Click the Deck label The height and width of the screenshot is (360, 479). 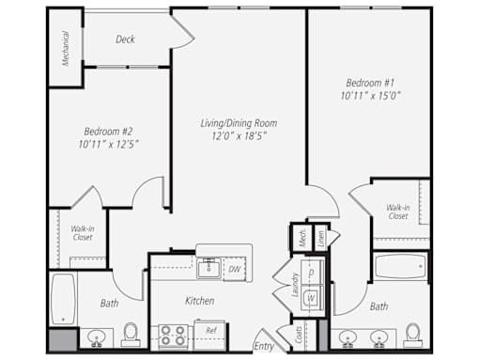[x=125, y=39]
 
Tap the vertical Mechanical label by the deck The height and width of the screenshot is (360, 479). [x=66, y=49]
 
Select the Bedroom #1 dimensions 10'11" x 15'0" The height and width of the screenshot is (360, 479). [x=371, y=95]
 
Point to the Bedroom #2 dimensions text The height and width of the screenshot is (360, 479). [x=108, y=144]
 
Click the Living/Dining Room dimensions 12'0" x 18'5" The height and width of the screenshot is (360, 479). [x=239, y=136]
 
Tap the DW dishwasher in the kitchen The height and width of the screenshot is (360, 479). [x=234, y=269]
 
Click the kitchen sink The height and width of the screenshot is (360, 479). [x=209, y=268]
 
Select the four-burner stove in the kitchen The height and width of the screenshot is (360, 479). [x=173, y=336]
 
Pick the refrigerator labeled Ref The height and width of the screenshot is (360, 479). [x=209, y=335]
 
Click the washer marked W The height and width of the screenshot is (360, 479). [x=311, y=298]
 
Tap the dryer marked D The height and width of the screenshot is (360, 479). [x=312, y=272]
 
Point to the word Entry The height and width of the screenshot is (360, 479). [x=264, y=346]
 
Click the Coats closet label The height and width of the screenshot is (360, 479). [x=299, y=335]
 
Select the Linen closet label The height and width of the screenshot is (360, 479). [x=320, y=239]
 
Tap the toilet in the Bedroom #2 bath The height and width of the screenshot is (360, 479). [x=131, y=335]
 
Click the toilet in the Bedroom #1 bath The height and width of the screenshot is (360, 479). [x=413, y=336]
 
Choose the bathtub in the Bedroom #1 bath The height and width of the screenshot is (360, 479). [x=400, y=266]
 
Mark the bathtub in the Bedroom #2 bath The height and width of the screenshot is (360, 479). [x=63, y=299]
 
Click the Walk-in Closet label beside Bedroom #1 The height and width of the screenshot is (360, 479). [x=397, y=211]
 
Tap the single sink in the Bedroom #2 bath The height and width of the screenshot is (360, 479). [x=97, y=337]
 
